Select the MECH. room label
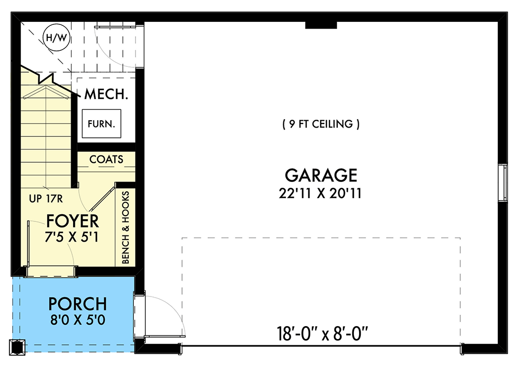(x=106, y=94)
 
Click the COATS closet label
(x=106, y=159)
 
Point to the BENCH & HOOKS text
(x=125, y=227)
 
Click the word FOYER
(x=73, y=221)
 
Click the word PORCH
(x=78, y=304)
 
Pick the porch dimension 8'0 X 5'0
(x=78, y=320)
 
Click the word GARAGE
(x=320, y=175)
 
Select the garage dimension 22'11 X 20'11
(x=320, y=193)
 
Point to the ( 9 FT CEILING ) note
(x=321, y=124)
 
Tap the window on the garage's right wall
(x=502, y=181)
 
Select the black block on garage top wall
(x=321, y=25)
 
